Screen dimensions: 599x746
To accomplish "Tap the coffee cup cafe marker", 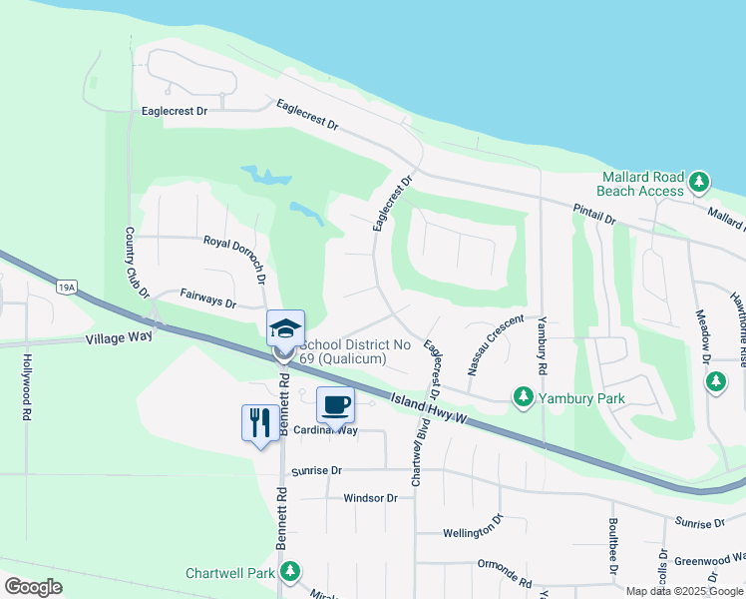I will pos(335,406).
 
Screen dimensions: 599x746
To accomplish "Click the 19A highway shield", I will pos(67,289).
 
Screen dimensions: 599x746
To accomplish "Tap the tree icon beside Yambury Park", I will pos(523,397).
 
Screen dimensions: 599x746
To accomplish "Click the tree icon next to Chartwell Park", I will pos(290,572).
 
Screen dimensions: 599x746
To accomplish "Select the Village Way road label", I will pos(120,337).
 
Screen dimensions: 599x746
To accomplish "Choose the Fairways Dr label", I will pos(207,299).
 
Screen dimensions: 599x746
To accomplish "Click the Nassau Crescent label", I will pos(495,343).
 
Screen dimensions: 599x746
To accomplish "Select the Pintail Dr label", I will pos(594,212).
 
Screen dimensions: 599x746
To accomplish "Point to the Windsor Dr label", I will pos(370,498).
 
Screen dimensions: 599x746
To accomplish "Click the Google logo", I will pos(33,586).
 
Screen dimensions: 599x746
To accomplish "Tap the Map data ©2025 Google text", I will pos(685,591).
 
